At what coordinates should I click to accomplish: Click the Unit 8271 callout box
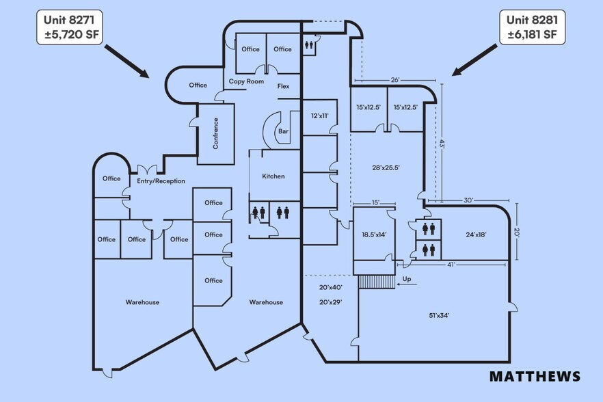pyautogui.click(x=70, y=27)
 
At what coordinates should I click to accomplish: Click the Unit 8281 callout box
pyautogui.click(x=532, y=27)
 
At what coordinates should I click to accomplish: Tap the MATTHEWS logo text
pyautogui.click(x=535, y=376)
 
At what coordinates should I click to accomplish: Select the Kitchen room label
pyautogui.click(x=273, y=176)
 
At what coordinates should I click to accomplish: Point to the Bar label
pyautogui.click(x=284, y=131)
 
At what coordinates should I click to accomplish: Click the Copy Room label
pyautogui.click(x=247, y=81)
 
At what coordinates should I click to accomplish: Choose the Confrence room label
pyautogui.click(x=215, y=133)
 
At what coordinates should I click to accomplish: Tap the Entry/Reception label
pyautogui.click(x=161, y=180)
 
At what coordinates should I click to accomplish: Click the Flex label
pyautogui.click(x=284, y=86)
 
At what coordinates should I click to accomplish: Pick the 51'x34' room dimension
pyautogui.click(x=439, y=315)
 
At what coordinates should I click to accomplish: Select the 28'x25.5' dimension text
pyautogui.click(x=386, y=167)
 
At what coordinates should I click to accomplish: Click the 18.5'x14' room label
pyautogui.click(x=374, y=234)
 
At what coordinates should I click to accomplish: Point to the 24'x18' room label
pyautogui.click(x=476, y=234)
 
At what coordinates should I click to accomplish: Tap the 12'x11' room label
pyautogui.click(x=319, y=116)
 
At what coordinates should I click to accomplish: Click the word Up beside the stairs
pyautogui.click(x=407, y=279)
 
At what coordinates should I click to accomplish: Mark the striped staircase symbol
pyautogui.click(x=377, y=282)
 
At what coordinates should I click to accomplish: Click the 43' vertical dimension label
pyautogui.click(x=442, y=144)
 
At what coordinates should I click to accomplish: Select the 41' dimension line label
pyautogui.click(x=451, y=265)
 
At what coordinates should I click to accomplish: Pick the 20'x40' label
pyautogui.click(x=331, y=287)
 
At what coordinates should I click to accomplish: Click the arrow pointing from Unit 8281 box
pyautogui.click(x=474, y=59)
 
